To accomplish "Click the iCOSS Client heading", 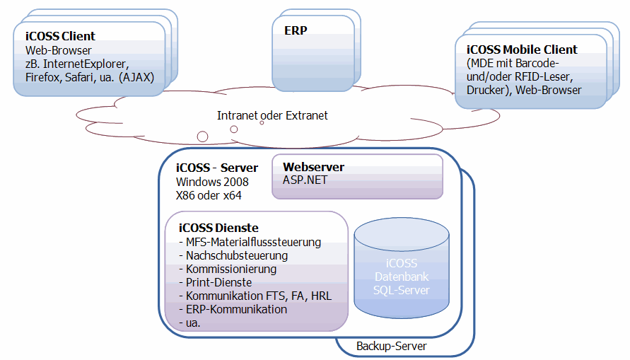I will tap(60, 36).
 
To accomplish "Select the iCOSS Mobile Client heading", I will tap(522, 50).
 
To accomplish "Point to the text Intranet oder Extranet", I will tap(272, 115).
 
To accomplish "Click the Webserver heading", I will tap(313, 167).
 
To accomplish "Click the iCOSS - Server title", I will tap(216, 168).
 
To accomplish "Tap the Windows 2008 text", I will tap(211, 181).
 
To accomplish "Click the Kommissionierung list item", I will tap(228, 269).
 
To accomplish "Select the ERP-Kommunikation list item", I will tap(233, 309).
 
